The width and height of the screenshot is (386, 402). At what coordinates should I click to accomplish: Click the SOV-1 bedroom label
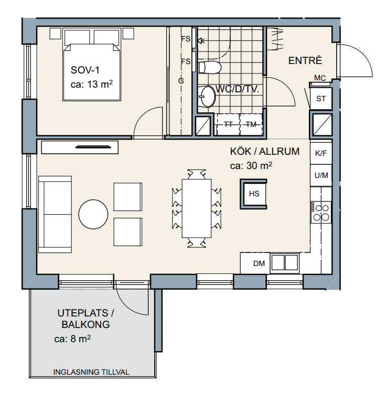85,70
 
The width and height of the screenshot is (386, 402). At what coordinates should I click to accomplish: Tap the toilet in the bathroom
210,67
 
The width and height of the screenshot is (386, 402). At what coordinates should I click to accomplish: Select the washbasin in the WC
207,97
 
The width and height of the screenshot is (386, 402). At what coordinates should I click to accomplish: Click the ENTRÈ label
305,60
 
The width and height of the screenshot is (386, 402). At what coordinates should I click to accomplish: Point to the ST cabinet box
321,99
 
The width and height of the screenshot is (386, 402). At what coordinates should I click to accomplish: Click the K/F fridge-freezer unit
321,153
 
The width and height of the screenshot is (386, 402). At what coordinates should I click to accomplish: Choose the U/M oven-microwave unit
321,175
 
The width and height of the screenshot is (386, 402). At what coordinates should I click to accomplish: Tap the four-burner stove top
321,212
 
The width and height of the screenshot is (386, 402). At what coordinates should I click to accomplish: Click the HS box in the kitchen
254,194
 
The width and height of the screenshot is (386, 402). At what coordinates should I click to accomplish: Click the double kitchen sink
285,262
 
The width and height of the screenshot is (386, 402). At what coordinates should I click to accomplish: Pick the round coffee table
93,214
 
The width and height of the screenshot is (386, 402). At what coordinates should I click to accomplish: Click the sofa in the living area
55,214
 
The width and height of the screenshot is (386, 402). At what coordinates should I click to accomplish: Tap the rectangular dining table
197,208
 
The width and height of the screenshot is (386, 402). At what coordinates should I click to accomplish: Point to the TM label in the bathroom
251,124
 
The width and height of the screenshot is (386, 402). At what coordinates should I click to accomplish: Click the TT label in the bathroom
228,124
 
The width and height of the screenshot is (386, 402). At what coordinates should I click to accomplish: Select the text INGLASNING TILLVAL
91,372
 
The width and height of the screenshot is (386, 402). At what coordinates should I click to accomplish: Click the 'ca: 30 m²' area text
251,166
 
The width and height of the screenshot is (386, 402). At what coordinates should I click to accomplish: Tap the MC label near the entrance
320,78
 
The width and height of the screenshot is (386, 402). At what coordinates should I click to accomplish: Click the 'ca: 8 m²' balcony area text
72,338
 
